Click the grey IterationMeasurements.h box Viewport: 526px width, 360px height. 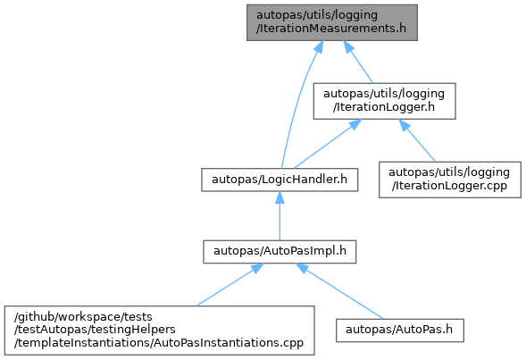click(x=332, y=22)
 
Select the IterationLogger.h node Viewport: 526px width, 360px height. click(x=384, y=101)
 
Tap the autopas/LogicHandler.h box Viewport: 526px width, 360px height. click(x=280, y=180)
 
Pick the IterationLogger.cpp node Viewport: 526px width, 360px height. click(x=450, y=180)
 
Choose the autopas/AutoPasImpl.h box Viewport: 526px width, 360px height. click(x=280, y=252)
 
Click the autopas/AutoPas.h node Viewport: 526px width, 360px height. click(x=400, y=331)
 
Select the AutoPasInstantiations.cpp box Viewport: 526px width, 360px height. click(x=159, y=331)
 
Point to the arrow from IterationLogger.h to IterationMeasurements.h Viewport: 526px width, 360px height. click(x=357, y=62)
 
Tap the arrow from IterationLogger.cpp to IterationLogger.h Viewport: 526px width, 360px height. click(x=417, y=140)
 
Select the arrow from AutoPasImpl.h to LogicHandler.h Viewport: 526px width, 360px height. click(x=280, y=215)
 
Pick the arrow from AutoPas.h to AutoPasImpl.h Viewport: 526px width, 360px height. click(x=339, y=291)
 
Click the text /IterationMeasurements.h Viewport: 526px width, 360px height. click(x=331, y=29)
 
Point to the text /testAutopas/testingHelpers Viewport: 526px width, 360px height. click(x=95, y=330)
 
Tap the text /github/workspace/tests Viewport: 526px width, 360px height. click(x=83, y=317)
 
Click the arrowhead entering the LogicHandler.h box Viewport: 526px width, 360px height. click(x=280, y=197)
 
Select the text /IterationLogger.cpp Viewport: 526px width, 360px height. click(x=449, y=186)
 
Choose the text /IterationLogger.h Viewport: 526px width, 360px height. click(x=384, y=107)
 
